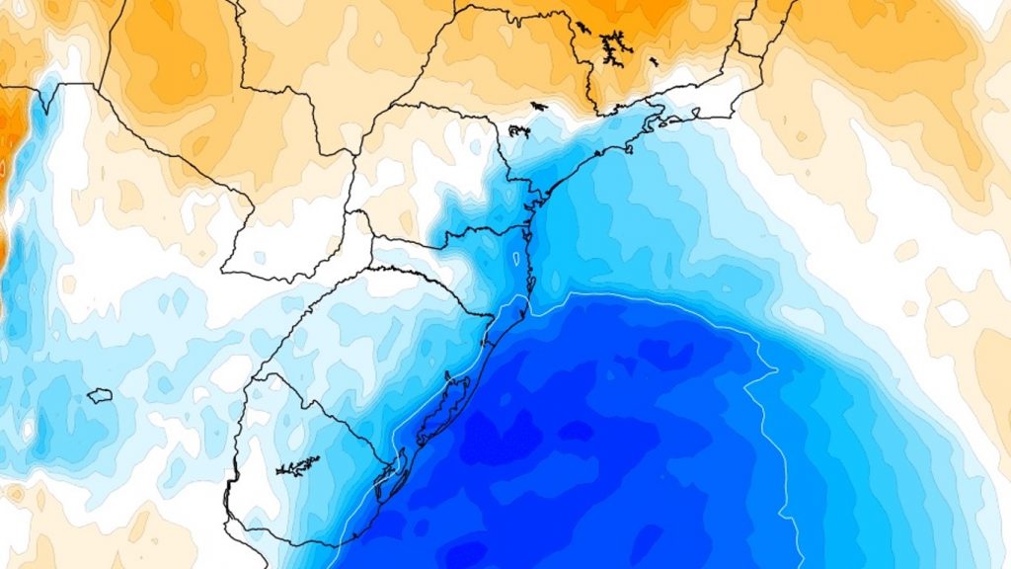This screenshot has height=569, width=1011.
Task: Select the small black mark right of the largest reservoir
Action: [653, 61]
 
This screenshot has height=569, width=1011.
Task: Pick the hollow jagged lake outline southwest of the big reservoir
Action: [519, 130]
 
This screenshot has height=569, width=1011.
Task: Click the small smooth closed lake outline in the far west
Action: [99, 395]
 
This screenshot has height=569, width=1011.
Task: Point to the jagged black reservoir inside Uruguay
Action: [297, 464]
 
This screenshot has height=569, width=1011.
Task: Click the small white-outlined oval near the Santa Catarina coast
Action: [516, 259]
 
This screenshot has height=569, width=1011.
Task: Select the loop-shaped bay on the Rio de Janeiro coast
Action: [648, 124]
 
